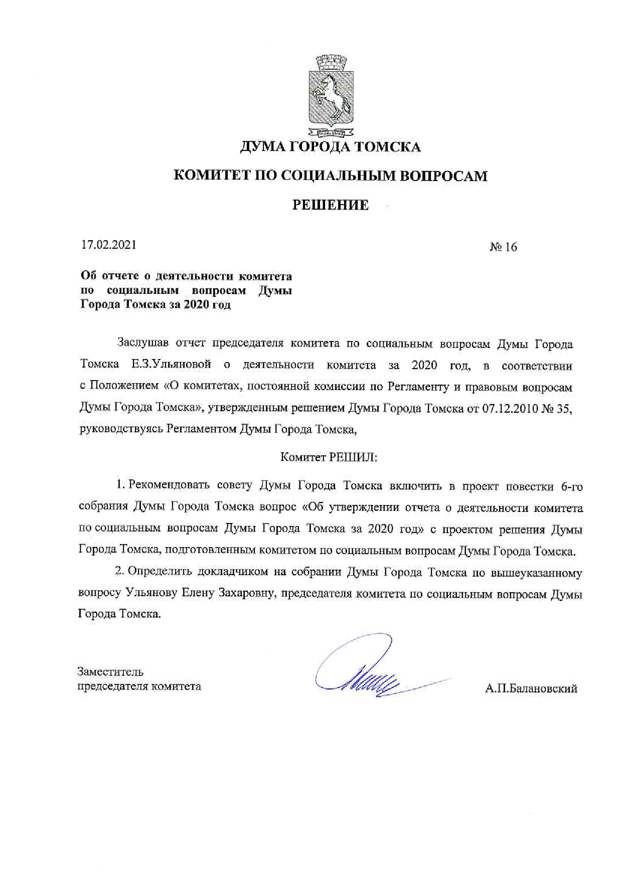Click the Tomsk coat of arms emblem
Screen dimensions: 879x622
tap(331, 97)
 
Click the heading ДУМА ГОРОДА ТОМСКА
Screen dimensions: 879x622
tap(331, 147)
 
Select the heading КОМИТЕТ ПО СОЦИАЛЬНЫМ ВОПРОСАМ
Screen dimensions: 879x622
tap(331, 176)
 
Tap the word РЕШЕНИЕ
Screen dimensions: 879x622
tap(331, 205)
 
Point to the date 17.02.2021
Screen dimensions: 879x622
tap(108, 245)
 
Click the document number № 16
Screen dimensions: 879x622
tap(503, 247)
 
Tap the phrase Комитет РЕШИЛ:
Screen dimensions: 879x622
tap(329, 457)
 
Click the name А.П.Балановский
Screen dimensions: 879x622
tap(531, 688)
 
